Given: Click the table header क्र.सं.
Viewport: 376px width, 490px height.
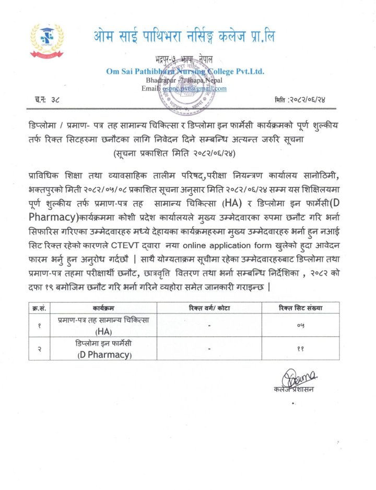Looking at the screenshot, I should tap(38, 308).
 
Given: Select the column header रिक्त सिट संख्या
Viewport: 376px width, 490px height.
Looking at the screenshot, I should tap(300, 308).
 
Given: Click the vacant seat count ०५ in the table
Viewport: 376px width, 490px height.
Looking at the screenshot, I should tap(300, 326).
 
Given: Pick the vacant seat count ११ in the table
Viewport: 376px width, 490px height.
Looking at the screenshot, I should tap(300, 349).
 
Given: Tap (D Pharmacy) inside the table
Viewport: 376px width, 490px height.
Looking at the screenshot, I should tap(103, 355).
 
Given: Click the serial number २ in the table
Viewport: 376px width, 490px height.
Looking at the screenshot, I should tap(38, 349).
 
